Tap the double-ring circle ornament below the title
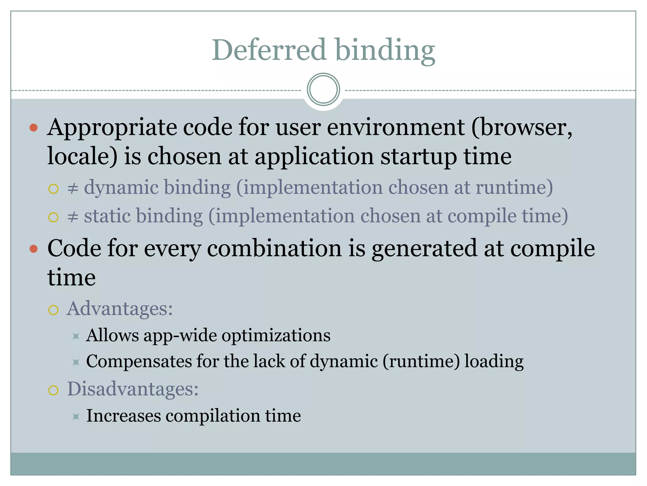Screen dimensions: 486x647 (x=323, y=90)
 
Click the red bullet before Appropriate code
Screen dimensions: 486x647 (x=33, y=128)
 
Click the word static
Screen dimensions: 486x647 (x=107, y=216)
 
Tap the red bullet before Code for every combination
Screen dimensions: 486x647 (x=33, y=249)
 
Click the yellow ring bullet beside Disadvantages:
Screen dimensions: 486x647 (x=53, y=390)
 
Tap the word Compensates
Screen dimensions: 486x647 (x=139, y=362)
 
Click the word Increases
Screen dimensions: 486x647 (x=124, y=416)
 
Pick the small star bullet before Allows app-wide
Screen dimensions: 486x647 (x=76, y=336)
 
